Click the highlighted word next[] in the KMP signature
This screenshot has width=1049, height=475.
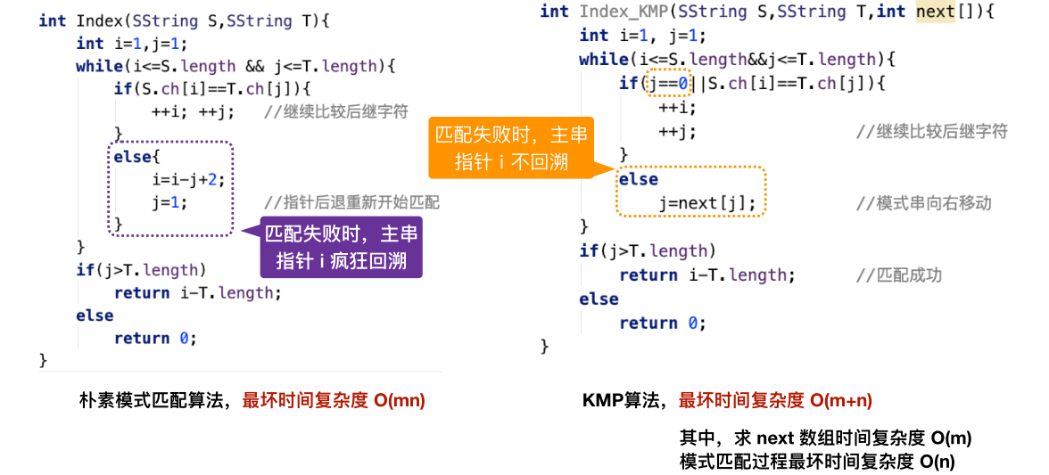click(x=935, y=12)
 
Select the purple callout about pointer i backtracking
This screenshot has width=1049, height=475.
click(x=341, y=247)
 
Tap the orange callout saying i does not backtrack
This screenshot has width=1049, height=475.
click(x=512, y=149)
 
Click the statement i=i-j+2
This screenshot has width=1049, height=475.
click(x=181, y=180)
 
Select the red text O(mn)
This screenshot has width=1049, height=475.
click(x=400, y=401)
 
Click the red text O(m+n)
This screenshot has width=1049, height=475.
click(x=841, y=401)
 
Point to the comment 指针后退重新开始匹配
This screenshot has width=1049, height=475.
click(x=351, y=202)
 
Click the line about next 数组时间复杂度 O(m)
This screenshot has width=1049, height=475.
click(x=825, y=438)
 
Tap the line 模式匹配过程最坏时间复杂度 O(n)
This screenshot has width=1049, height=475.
click(x=817, y=461)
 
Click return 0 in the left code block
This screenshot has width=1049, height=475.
click(x=155, y=338)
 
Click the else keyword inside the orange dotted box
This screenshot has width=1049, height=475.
click(x=639, y=179)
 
